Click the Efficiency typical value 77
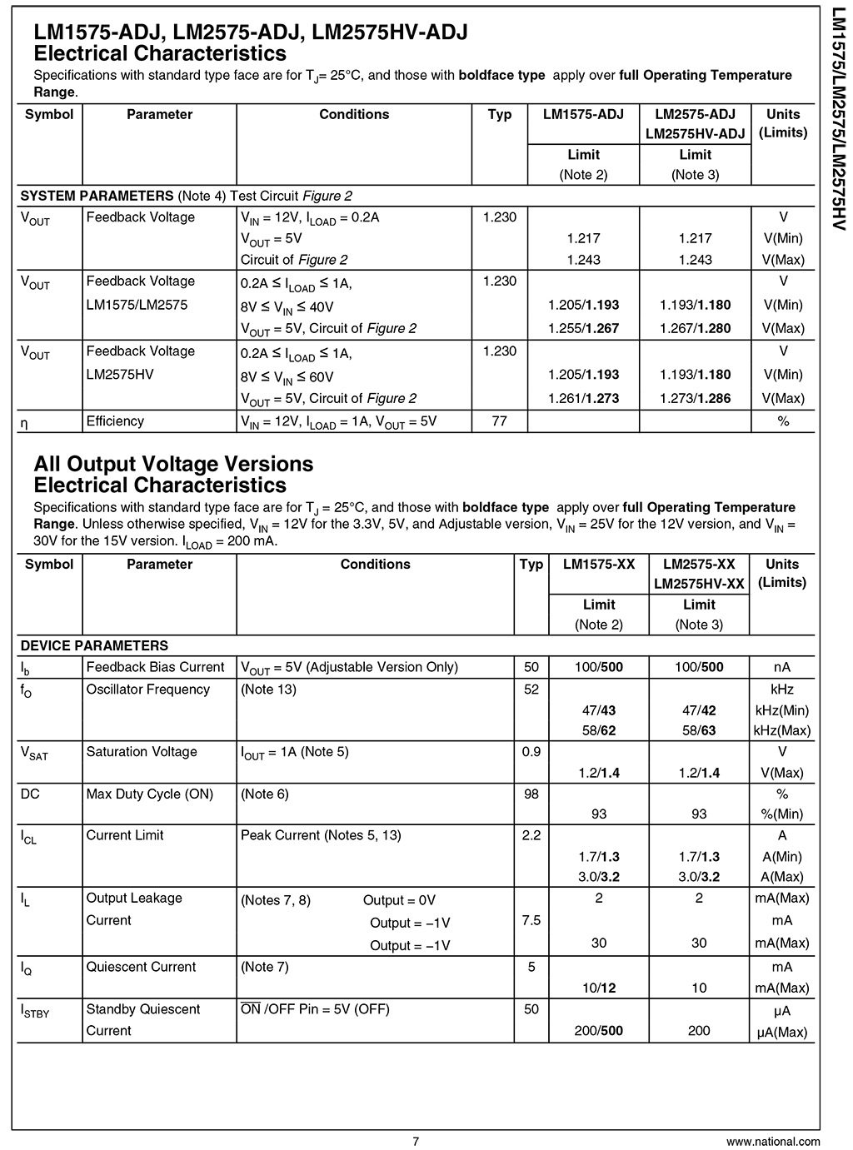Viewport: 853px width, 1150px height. (x=499, y=421)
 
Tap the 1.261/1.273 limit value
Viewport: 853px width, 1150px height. (x=583, y=398)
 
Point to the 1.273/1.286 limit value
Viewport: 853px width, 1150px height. (x=695, y=398)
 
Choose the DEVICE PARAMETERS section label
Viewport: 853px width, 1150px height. (x=94, y=645)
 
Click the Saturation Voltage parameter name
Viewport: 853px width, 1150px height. (x=142, y=752)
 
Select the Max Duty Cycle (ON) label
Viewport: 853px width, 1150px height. (x=150, y=794)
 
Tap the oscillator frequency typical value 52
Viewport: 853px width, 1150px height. (x=531, y=690)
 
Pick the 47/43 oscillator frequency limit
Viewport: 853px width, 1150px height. (x=599, y=710)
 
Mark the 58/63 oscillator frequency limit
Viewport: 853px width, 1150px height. (x=699, y=730)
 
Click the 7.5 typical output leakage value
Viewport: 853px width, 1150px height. (x=531, y=920)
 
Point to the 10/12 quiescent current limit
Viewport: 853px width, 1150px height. (x=599, y=988)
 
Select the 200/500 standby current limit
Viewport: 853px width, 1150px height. (x=599, y=1031)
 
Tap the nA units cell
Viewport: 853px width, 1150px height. (x=782, y=667)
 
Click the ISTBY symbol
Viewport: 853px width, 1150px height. (x=34, y=1011)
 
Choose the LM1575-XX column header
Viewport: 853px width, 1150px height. (x=599, y=565)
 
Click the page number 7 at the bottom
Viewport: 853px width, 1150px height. (x=416, y=1141)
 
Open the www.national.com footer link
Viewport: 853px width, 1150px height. (x=772, y=1141)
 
